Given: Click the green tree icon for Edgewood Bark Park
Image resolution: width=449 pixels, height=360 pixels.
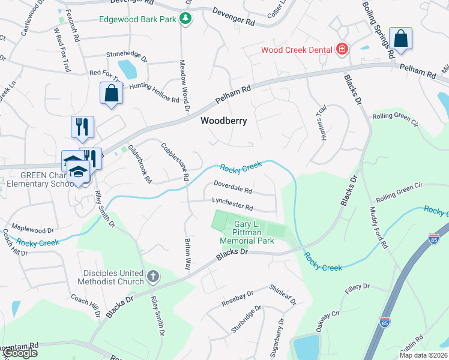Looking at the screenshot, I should (x=186, y=19).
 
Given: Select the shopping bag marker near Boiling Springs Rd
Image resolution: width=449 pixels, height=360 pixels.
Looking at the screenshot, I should (x=400, y=38).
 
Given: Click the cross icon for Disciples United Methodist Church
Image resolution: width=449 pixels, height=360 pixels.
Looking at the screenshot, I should (x=153, y=277).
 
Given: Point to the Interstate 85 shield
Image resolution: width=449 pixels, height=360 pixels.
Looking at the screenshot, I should (x=385, y=323).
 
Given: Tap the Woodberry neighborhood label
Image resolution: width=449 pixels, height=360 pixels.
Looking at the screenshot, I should (x=224, y=121).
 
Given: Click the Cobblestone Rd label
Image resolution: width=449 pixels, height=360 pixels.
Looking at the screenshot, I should (x=175, y=161).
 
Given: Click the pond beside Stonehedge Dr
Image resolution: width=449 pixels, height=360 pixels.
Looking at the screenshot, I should (x=127, y=68).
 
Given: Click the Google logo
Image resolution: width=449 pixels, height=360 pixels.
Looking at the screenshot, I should (x=19, y=353).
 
